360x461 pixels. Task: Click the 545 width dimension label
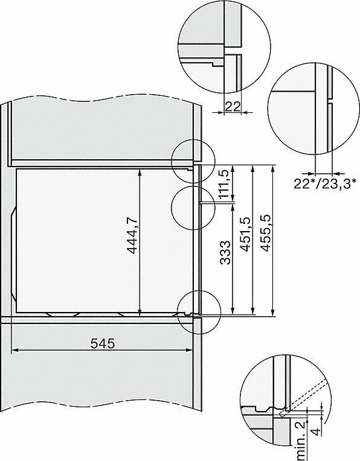click(x=101, y=343)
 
